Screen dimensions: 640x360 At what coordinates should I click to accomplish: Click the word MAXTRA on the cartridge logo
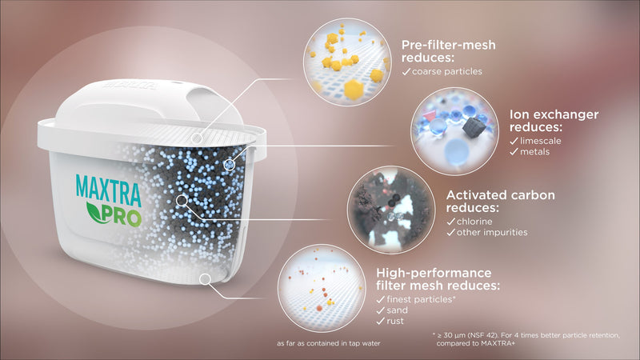pyautogui.click(x=109, y=190)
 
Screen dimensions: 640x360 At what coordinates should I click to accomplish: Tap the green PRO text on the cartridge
pyautogui.click(x=122, y=216)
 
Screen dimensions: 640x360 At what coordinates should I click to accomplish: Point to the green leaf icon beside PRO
pyautogui.click(x=94, y=212)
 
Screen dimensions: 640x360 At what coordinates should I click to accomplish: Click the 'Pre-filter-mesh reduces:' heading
pyautogui.click(x=448, y=51)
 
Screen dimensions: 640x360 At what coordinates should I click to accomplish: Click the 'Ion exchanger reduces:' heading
pyautogui.click(x=554, y=121)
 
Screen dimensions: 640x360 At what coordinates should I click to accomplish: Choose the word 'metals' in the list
pyautogui.click(x=534, y=152)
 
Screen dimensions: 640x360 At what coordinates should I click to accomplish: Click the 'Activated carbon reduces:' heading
pyautogui.click(x=501, y=202)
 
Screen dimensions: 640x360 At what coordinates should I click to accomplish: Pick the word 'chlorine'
pyautogui.click(x=474, y=222)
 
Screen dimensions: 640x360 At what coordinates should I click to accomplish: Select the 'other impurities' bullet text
pyautogui.click(x=492, y=232)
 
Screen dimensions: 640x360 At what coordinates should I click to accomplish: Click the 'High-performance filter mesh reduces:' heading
pyautogui.click(x=438, y=278)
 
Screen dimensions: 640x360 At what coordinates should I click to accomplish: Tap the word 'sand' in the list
pyautogui.click(x=397, y=310)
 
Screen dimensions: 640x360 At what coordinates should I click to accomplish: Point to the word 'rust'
pyautogui.click(x=395, y=322)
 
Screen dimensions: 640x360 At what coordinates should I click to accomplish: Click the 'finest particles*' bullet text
pyautogui.click(x=421, y=299)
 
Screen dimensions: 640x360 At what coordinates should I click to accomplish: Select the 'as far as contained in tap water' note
pyautogui.click(x=329, y=344)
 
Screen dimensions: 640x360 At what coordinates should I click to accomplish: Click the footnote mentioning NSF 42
pyautogui.click(x=526, y=339)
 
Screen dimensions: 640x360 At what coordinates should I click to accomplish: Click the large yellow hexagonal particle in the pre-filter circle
pyautogui.click(x=354, y=89)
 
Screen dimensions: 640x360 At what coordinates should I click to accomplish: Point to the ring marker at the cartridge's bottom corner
pyautogui.click(x=205, y=279)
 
